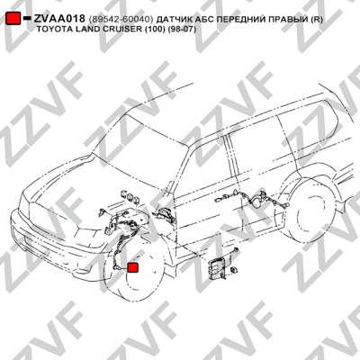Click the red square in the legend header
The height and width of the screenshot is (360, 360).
pos(13,18)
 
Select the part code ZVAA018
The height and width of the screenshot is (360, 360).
pos(59,19)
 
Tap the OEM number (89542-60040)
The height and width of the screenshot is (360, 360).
pos(121,20)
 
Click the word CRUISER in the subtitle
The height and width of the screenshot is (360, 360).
pos(121,30)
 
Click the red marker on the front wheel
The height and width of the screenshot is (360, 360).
pos(133,267)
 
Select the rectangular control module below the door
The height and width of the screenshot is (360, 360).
pos(216,267)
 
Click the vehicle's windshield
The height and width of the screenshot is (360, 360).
pos(142,141)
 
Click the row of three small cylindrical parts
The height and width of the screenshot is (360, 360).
pos(130,197)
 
